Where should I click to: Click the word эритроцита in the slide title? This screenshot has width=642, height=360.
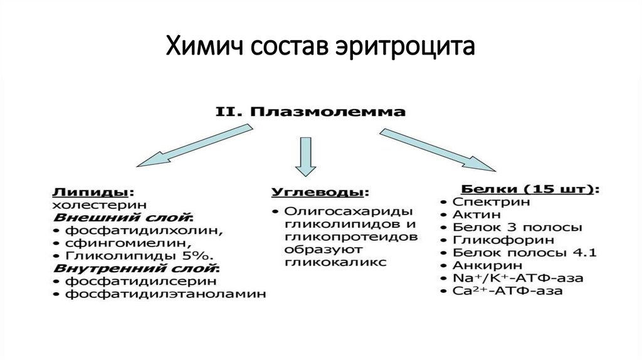[409, 47]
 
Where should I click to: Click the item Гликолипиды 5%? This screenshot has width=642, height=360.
[135, 256]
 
